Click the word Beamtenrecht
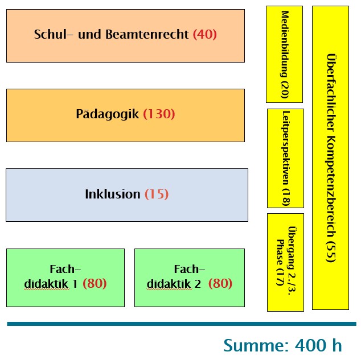tap(147, 34)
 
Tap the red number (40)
tap(204, 34)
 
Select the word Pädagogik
tap(107, 114)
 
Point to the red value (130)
tap(159, 114)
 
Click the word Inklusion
tap(113, 194)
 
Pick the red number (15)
tap(157, 194)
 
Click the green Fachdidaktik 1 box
tap(65, 278)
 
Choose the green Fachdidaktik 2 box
tap(190, 278)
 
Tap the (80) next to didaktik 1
tap(95, 283)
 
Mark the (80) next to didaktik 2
tap(220, 283)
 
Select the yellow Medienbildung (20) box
tap(284, 54)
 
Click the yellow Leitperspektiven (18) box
tap(285, 159)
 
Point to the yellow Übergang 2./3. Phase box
tap(285, 263)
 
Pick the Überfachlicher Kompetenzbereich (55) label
tap(331, 158)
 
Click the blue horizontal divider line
tap(182, 324)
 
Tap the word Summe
tap(256, 345)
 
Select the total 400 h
tap(318, 345)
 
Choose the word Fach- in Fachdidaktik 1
tap(65, 269)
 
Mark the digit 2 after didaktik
tap(198, 284)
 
